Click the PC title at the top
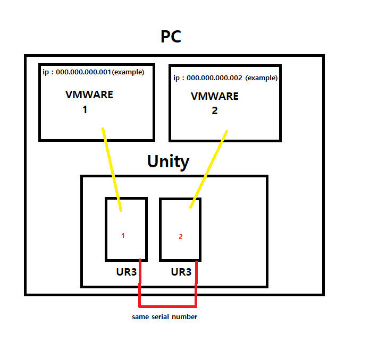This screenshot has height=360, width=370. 171,37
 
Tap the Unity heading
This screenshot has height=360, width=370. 168,161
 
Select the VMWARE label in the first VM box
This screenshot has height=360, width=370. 89,95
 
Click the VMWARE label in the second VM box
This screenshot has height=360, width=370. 215,97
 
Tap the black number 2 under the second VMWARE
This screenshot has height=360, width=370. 214,112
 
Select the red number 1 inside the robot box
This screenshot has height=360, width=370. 123,235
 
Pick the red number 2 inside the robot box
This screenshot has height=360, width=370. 180,237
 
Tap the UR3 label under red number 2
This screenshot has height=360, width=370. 181,272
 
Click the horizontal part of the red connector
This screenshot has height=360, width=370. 168,306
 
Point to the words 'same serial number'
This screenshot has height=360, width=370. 165,317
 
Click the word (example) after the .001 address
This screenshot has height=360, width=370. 128,72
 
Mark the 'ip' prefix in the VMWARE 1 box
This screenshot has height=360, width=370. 45,72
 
